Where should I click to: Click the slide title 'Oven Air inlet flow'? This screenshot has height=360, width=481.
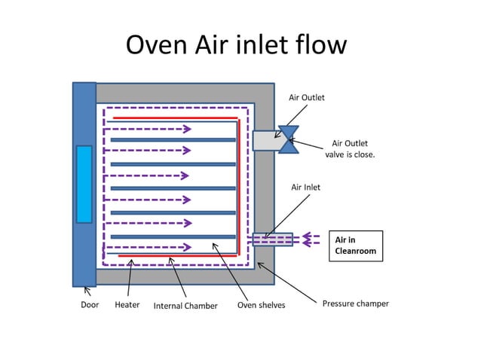236,45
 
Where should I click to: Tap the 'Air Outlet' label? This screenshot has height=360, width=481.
306,98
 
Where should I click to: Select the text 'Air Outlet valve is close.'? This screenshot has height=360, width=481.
350,148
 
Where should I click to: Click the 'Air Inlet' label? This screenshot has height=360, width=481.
305,187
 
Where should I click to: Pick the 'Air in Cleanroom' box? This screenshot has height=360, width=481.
356,246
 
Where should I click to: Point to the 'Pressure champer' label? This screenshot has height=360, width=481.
355,304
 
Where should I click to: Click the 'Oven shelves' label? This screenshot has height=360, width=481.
261,305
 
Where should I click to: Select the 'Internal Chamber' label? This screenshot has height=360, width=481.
185,306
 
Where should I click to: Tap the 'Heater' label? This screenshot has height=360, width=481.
127,305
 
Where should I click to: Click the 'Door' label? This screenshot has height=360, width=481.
90,305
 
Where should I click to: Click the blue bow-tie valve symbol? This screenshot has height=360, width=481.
288,139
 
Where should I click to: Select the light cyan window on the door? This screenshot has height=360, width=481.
84,185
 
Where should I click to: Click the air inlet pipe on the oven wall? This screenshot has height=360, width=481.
272,239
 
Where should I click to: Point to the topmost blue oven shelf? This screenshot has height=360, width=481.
173,139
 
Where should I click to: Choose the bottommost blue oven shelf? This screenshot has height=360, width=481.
173,236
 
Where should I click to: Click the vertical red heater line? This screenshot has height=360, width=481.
239,188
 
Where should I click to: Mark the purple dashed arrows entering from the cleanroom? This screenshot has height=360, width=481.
311,239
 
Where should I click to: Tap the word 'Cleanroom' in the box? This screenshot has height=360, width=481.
355,252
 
